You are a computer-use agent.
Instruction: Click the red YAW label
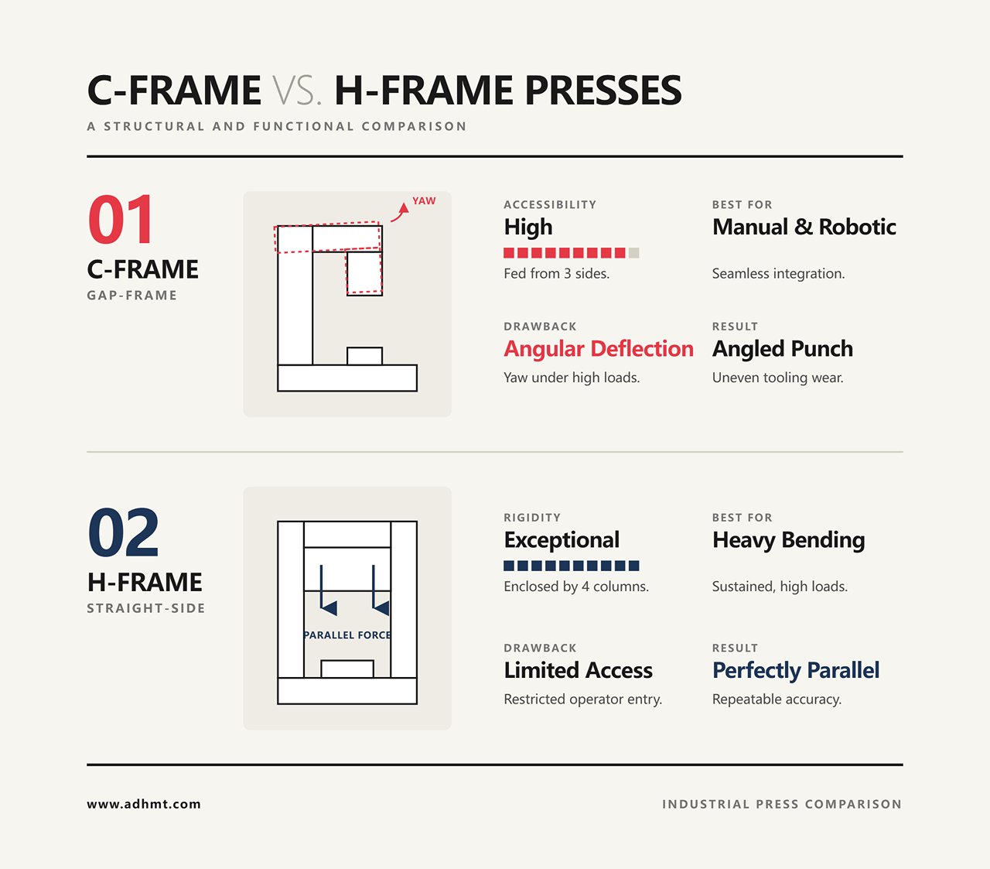click(424, 201)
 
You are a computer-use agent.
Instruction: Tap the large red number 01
click(121, 219)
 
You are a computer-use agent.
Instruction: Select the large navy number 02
click(124, 532)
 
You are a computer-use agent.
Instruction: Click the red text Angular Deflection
click(599, 349)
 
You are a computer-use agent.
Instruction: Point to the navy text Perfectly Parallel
click(796, 670)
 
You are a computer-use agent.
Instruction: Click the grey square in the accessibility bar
click(633, 253)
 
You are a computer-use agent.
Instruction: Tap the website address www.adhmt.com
click(144, 805)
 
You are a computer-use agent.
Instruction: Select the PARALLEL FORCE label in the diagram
click(347, 635)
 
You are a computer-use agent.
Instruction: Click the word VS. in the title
click(297, 91)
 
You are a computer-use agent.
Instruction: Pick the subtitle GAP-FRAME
click(132, 296)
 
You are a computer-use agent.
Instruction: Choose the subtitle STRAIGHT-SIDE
click(146, 608)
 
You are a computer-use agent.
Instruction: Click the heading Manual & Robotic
click(804, 227)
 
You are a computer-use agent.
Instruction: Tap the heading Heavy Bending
click(789, 541)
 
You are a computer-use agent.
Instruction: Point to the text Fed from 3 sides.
click(557, 273)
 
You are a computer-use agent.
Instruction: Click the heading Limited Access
click(578, 670)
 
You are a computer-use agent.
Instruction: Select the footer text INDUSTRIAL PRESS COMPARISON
click(782, 805)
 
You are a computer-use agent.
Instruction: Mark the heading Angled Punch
click(782, 349)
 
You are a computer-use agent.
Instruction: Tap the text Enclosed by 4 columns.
click(576, 587)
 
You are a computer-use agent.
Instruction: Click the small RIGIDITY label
click(532, 518)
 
